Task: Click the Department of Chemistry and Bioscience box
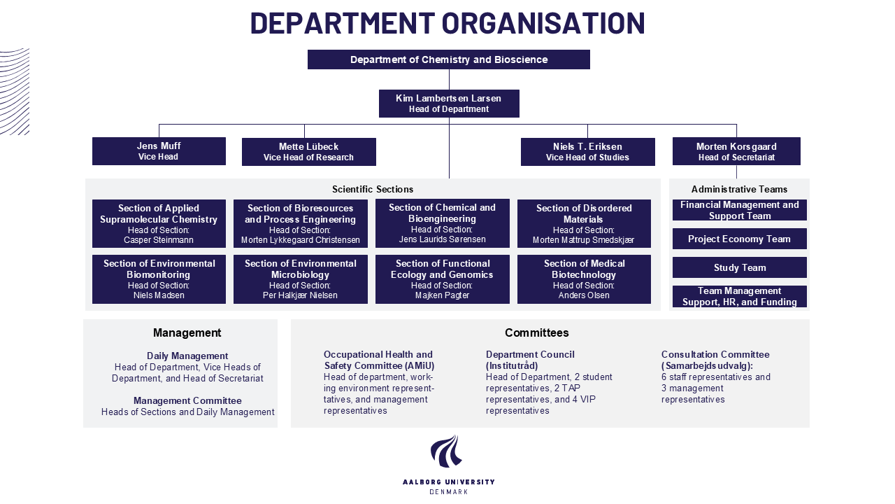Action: (x=449, y=59)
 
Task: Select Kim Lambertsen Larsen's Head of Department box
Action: (x=449, y=104)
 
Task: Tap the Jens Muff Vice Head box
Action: (x=159, y=151)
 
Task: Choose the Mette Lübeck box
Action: (x=309, y=152)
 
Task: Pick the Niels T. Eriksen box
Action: (x=588, y=152)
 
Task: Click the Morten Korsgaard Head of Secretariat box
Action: (x=736, y=151)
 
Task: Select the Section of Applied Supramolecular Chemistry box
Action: (x=159, y=223)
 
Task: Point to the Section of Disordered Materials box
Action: (x=584, y=223)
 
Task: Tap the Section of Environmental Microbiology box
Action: (x=301, y=279)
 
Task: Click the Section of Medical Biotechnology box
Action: (x=584, y=279)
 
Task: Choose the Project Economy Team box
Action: (x=740, y=239)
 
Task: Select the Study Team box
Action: (x=740, y=267)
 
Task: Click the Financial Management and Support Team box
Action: (x=740, y=210)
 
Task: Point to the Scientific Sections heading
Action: (x=373, y=189)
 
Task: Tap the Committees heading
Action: (x=536, y=332)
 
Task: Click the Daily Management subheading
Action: (x=187, y=356)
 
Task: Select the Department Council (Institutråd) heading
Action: (x=530, y=360)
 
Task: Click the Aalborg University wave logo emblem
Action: (x=447, y=451)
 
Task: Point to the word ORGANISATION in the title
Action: (x=543, y=23)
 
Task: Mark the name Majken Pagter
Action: (x=443, y=295)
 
